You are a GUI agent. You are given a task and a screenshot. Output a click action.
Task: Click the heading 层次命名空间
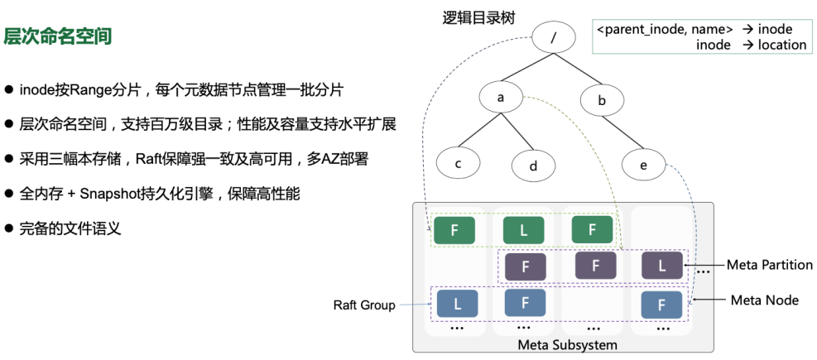pos(58,36)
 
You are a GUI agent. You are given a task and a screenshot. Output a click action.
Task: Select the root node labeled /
pos(553,38)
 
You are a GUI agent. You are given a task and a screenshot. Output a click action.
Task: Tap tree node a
pos(500,98)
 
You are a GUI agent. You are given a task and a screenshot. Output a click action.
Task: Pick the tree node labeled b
pos(602,101)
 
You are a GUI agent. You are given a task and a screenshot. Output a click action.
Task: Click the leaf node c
pos(457,163)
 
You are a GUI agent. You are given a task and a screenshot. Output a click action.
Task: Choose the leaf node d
pos(533,166)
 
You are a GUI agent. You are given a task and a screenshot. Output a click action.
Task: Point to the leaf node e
pos(643,165)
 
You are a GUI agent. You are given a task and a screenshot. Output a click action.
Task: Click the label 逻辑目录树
pos(479,17)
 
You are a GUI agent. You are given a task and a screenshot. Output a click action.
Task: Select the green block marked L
pos(523,230)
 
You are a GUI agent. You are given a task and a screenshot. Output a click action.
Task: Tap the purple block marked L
pos(661,266)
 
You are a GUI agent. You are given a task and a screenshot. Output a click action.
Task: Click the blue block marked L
pos(457,304)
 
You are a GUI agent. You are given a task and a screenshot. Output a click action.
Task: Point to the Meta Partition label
pos(769,265)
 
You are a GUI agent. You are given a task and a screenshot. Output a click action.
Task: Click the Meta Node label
pos(764,300)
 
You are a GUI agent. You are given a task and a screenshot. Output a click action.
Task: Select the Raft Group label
pos(363,305)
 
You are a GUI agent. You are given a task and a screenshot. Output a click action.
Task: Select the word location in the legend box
pos(781,45)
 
